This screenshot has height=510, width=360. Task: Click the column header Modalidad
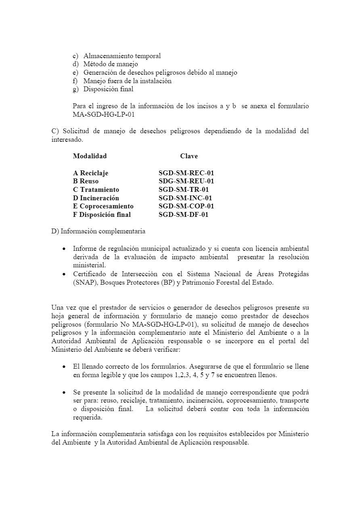(90, 156)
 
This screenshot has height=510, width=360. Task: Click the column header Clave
(189, 156)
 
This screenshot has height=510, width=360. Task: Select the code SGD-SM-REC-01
(186, 173)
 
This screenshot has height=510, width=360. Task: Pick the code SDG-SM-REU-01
(186, 181)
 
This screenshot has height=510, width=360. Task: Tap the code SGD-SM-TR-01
(184, 189)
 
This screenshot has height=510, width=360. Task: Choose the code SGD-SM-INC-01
(185, 198)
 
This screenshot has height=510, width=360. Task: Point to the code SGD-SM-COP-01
(186, 206)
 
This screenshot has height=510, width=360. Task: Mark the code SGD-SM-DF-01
(183, 214)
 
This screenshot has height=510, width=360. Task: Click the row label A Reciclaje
(91, 173)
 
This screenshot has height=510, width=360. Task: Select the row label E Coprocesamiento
(103, 206)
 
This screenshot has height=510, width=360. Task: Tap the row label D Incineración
(96, 198)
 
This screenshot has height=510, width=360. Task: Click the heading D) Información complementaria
(98, 231)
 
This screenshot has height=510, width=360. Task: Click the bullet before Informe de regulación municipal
(65, 249)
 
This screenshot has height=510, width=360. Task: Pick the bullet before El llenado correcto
(65, 367)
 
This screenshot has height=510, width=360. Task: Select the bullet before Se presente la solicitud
(65, 392)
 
